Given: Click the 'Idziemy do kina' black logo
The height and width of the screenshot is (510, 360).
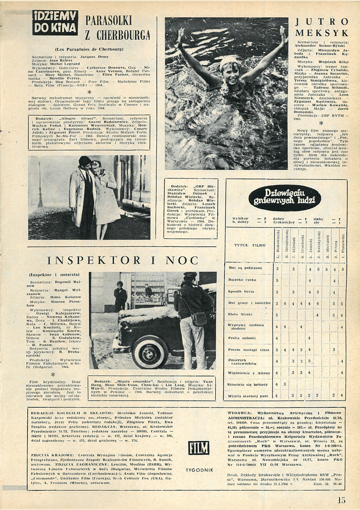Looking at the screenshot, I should click(x=55, y=22).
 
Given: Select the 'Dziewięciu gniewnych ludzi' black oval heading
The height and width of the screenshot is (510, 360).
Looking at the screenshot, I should click(x=285, y=198).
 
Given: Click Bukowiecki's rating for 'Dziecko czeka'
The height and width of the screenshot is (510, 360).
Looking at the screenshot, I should click(x=277, y=280).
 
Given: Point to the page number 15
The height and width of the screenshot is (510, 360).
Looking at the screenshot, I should click(x=341, y=500).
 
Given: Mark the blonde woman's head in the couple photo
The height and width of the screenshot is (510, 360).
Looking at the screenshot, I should click(x=96, y=166).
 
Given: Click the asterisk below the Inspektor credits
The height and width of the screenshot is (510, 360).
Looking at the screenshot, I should click(x=53, y=374).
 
